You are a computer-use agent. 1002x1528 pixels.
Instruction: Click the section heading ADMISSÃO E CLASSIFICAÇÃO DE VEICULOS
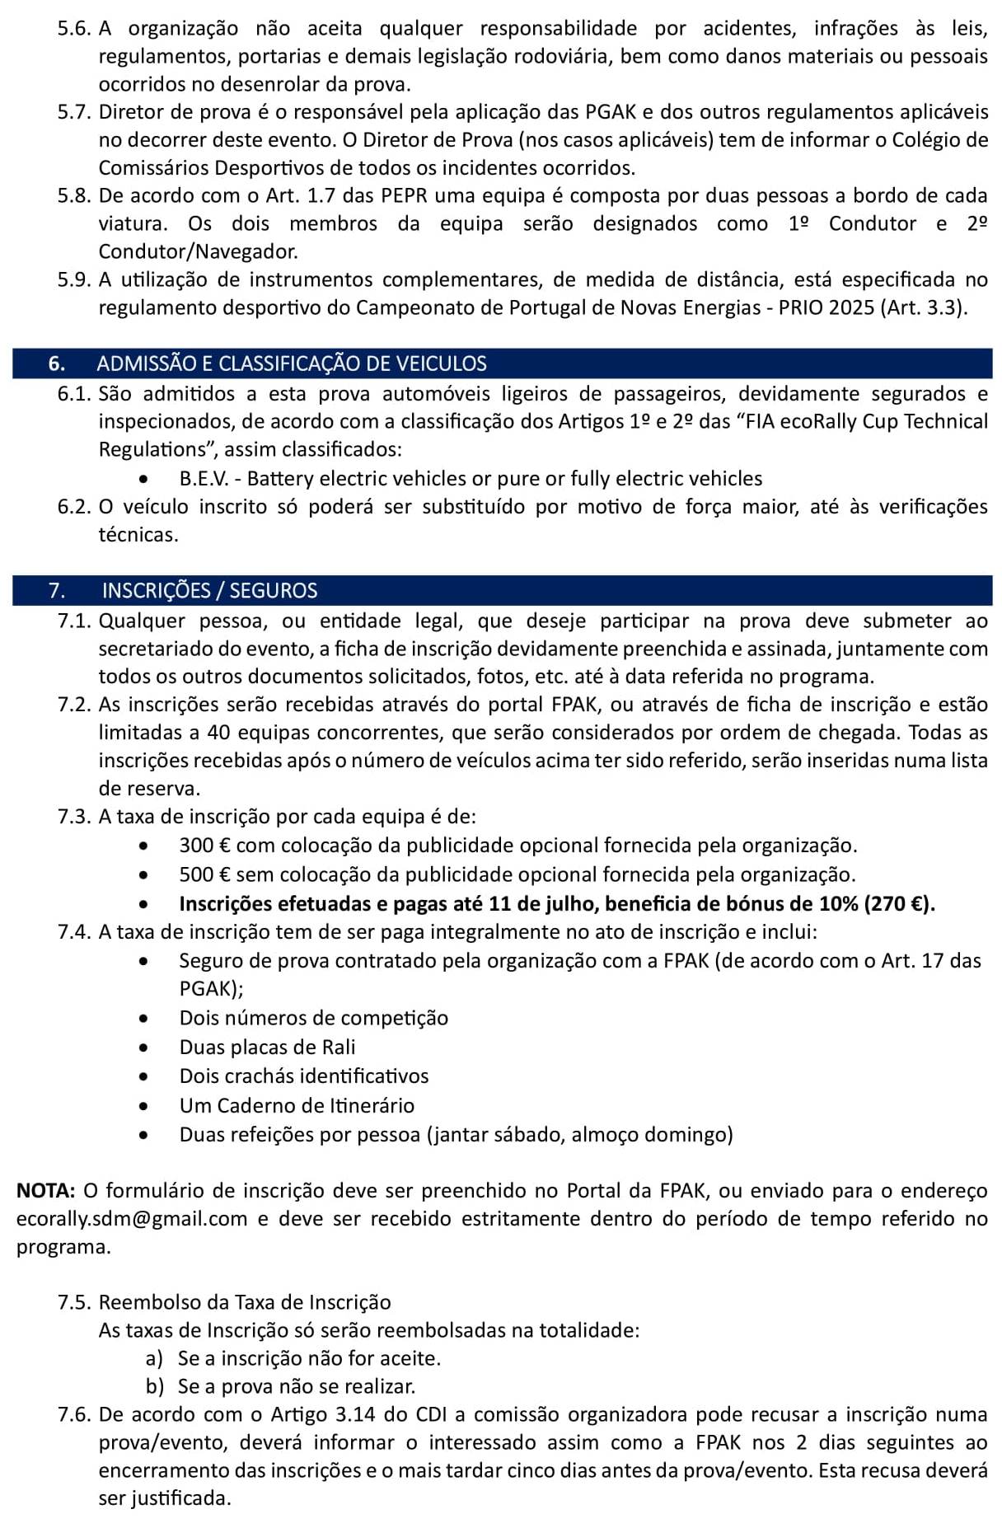(x=292, y=363)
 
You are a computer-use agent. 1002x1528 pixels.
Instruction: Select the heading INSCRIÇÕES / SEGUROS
(x=209, y=590)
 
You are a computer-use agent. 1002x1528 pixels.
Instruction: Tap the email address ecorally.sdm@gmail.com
(x=132, y=1218)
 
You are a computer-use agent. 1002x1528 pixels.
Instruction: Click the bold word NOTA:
(x=46, y=1190)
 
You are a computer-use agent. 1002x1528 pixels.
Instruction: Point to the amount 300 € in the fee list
(x=205, y=846)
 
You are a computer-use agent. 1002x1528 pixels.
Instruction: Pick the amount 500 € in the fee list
(x=205, y=874)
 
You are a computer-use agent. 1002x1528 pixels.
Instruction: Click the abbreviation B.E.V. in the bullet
(x=204, y=479)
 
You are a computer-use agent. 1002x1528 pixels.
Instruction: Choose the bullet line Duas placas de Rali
(x=267, y=1047)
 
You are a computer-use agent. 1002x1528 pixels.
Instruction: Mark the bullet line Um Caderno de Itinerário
(x=297, y=1105)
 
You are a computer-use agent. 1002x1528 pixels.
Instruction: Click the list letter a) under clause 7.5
(x=154, y=1358)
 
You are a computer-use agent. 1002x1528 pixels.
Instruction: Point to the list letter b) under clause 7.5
(x=154, y=1386)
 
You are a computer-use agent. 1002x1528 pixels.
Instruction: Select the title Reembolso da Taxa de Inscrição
(x=244, y=1302)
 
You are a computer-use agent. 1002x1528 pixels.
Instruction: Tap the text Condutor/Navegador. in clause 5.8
(x=198, y=251)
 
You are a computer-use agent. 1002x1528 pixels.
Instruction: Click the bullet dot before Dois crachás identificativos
(x=145, y=1076)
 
